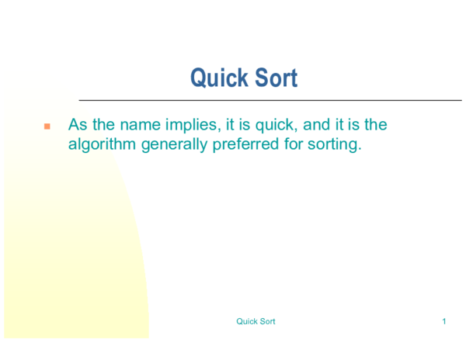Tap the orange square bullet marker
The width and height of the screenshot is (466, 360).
[47, 126]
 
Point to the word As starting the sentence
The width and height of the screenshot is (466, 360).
[78, 125]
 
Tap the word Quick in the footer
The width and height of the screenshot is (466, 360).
[247, 321]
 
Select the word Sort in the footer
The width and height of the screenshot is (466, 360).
[267, 321]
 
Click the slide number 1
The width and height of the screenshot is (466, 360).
[443, 321]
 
